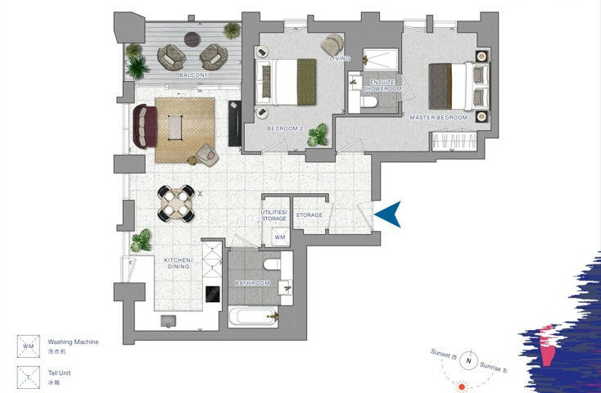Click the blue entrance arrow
389,215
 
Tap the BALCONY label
193,75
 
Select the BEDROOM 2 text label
285,129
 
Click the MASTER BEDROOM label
438,118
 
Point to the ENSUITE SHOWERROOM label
383,86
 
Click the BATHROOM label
252,283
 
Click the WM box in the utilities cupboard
279,237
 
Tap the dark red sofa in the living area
143,128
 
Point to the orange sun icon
463,386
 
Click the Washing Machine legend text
74,341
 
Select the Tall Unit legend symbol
29,377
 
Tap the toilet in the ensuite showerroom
368,102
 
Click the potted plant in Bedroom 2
318,136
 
